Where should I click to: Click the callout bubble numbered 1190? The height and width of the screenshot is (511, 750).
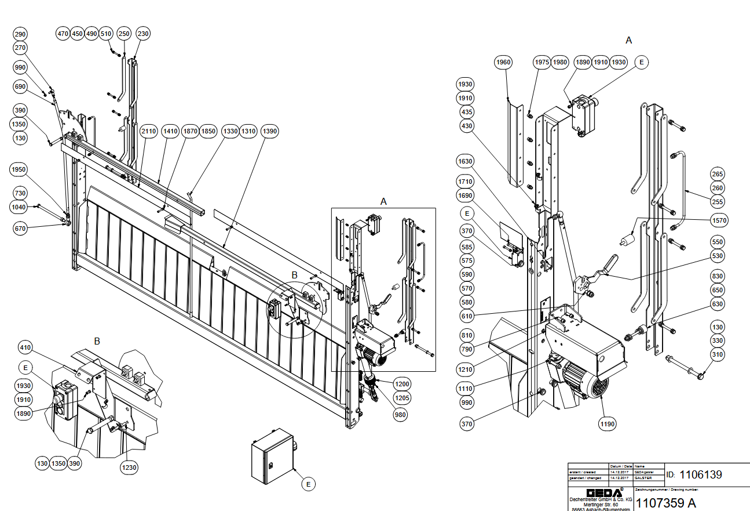[608, 424]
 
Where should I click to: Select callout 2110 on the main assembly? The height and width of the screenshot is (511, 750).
[149, 132]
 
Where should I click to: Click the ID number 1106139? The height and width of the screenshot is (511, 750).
[701, 474]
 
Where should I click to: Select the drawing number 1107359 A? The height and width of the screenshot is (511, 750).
[666, 502]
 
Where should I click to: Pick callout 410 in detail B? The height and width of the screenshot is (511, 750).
[25, 348]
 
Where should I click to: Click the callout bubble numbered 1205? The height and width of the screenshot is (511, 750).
[402, 398]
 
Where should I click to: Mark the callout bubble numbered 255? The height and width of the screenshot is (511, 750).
[718, 202]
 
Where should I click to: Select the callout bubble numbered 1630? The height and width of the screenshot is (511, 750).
[465, 161]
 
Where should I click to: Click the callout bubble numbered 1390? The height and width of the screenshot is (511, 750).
[270, 132]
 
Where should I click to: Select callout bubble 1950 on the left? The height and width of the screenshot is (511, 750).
[19, 169]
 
